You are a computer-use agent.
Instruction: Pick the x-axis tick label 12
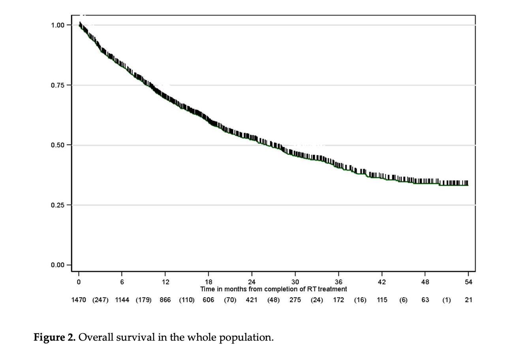coord(165,282)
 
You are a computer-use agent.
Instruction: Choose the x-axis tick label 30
coord(295,282)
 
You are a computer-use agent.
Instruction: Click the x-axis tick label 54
coord(468,282)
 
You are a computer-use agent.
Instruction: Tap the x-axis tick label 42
coord(382,282)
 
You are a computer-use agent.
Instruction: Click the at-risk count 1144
coord(122,300)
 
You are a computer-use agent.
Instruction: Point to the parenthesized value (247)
coord(100,300)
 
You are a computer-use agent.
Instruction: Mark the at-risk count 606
coord(209,300)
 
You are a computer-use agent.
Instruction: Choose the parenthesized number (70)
coord(230,300)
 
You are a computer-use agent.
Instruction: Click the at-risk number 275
coord(295,300)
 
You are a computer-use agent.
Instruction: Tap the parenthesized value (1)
coord(446,300)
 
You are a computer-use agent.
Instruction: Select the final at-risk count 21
coord(468,300)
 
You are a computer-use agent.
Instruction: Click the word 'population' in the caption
coord(252,338)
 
